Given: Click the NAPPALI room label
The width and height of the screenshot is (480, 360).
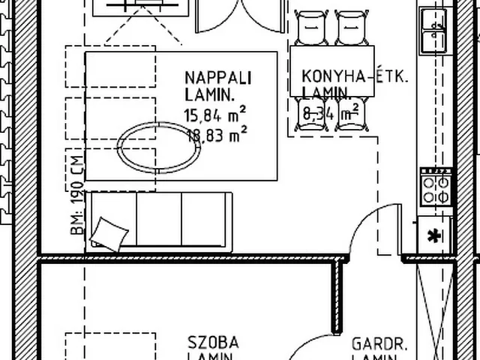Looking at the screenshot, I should click(217, 78).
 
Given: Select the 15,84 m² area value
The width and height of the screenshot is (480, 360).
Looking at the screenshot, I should click(215, 115).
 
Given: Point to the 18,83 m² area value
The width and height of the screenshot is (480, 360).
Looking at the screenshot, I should click(215, 136).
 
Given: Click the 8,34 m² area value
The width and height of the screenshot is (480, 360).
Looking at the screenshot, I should click(330, 114).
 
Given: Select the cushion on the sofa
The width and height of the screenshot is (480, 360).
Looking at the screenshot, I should click(109, 234).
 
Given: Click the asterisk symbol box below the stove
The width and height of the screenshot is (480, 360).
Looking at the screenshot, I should click(433, 236).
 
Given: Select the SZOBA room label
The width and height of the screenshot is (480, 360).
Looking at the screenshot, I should click(213, 343).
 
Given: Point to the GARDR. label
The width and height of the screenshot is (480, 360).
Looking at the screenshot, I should click(379, 345).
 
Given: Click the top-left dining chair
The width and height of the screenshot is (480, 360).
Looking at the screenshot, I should click(310, 28).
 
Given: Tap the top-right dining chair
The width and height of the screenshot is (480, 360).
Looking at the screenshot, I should click(350, 28).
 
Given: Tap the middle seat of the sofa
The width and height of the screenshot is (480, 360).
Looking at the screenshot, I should click(160, 218).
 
